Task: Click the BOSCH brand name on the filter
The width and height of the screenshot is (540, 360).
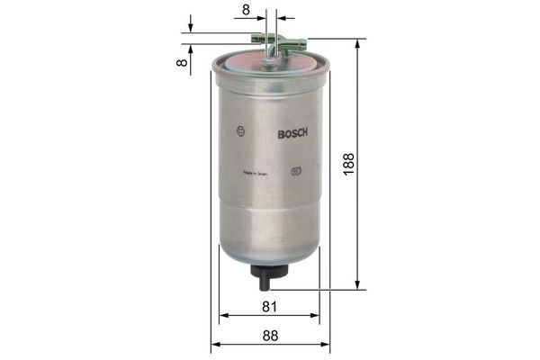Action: [x=292, y=134]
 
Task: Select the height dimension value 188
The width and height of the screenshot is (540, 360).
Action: [x=348, y=163]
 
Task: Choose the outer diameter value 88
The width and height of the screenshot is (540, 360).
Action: [x=270, y=335]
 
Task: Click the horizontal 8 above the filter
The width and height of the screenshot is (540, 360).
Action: [x=245, y=10]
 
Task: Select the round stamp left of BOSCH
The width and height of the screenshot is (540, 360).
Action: [x=240, y=131]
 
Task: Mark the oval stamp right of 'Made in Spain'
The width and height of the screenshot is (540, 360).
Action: [x=296, y=173]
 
